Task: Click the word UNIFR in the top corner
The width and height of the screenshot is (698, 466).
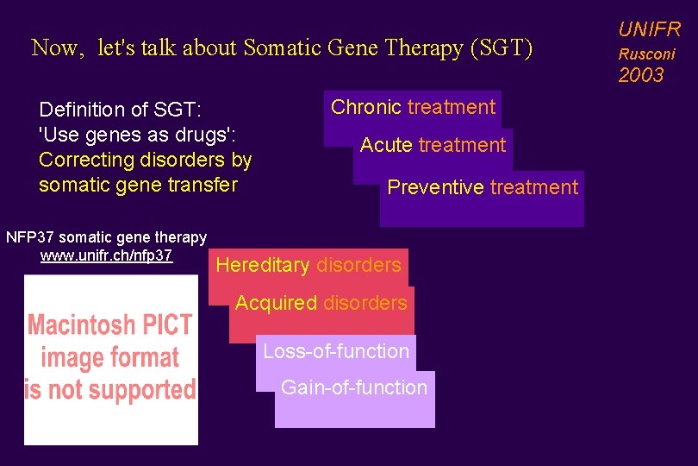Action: pyautogui.click(x=649, y=30)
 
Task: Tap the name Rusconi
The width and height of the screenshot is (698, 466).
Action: pyautogui.click(x=646, y=54)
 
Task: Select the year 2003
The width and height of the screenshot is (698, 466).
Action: pyautogui.click(x=641, y=75)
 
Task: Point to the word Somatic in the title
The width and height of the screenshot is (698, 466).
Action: pyautogui.click(x=278, y=47)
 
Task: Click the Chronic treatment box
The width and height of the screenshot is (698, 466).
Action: pyautogui.click(x=413, y=108)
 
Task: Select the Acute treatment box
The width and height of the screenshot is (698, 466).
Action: pyautogui.click(x=433, y=145)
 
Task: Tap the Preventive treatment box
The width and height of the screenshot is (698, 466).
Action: pyautogui.click(x=483, y=187)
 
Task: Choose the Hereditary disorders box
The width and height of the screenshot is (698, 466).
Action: pyautogui.click(x=308, y=265)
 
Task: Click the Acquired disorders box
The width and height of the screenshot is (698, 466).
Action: pyautogui.click(x=321, y=303)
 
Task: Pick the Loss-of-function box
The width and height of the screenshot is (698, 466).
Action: pyautogui.click(x=335, y=351)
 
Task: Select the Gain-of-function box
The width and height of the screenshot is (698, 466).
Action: pyautogui.click(x=354, y=387)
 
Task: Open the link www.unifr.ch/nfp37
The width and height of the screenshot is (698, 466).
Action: pyautogui.click(x=106, y=255)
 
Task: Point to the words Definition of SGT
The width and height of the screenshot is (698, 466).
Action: pyautogui.click(x=120, y=110)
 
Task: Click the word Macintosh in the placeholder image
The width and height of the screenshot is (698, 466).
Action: pyautogui.click(x=82, y=326)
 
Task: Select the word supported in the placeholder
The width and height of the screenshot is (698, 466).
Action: pyautogui.click(x=141, y=390)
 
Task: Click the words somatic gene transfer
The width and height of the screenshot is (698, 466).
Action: pyautogui.click(x=137, y=185)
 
